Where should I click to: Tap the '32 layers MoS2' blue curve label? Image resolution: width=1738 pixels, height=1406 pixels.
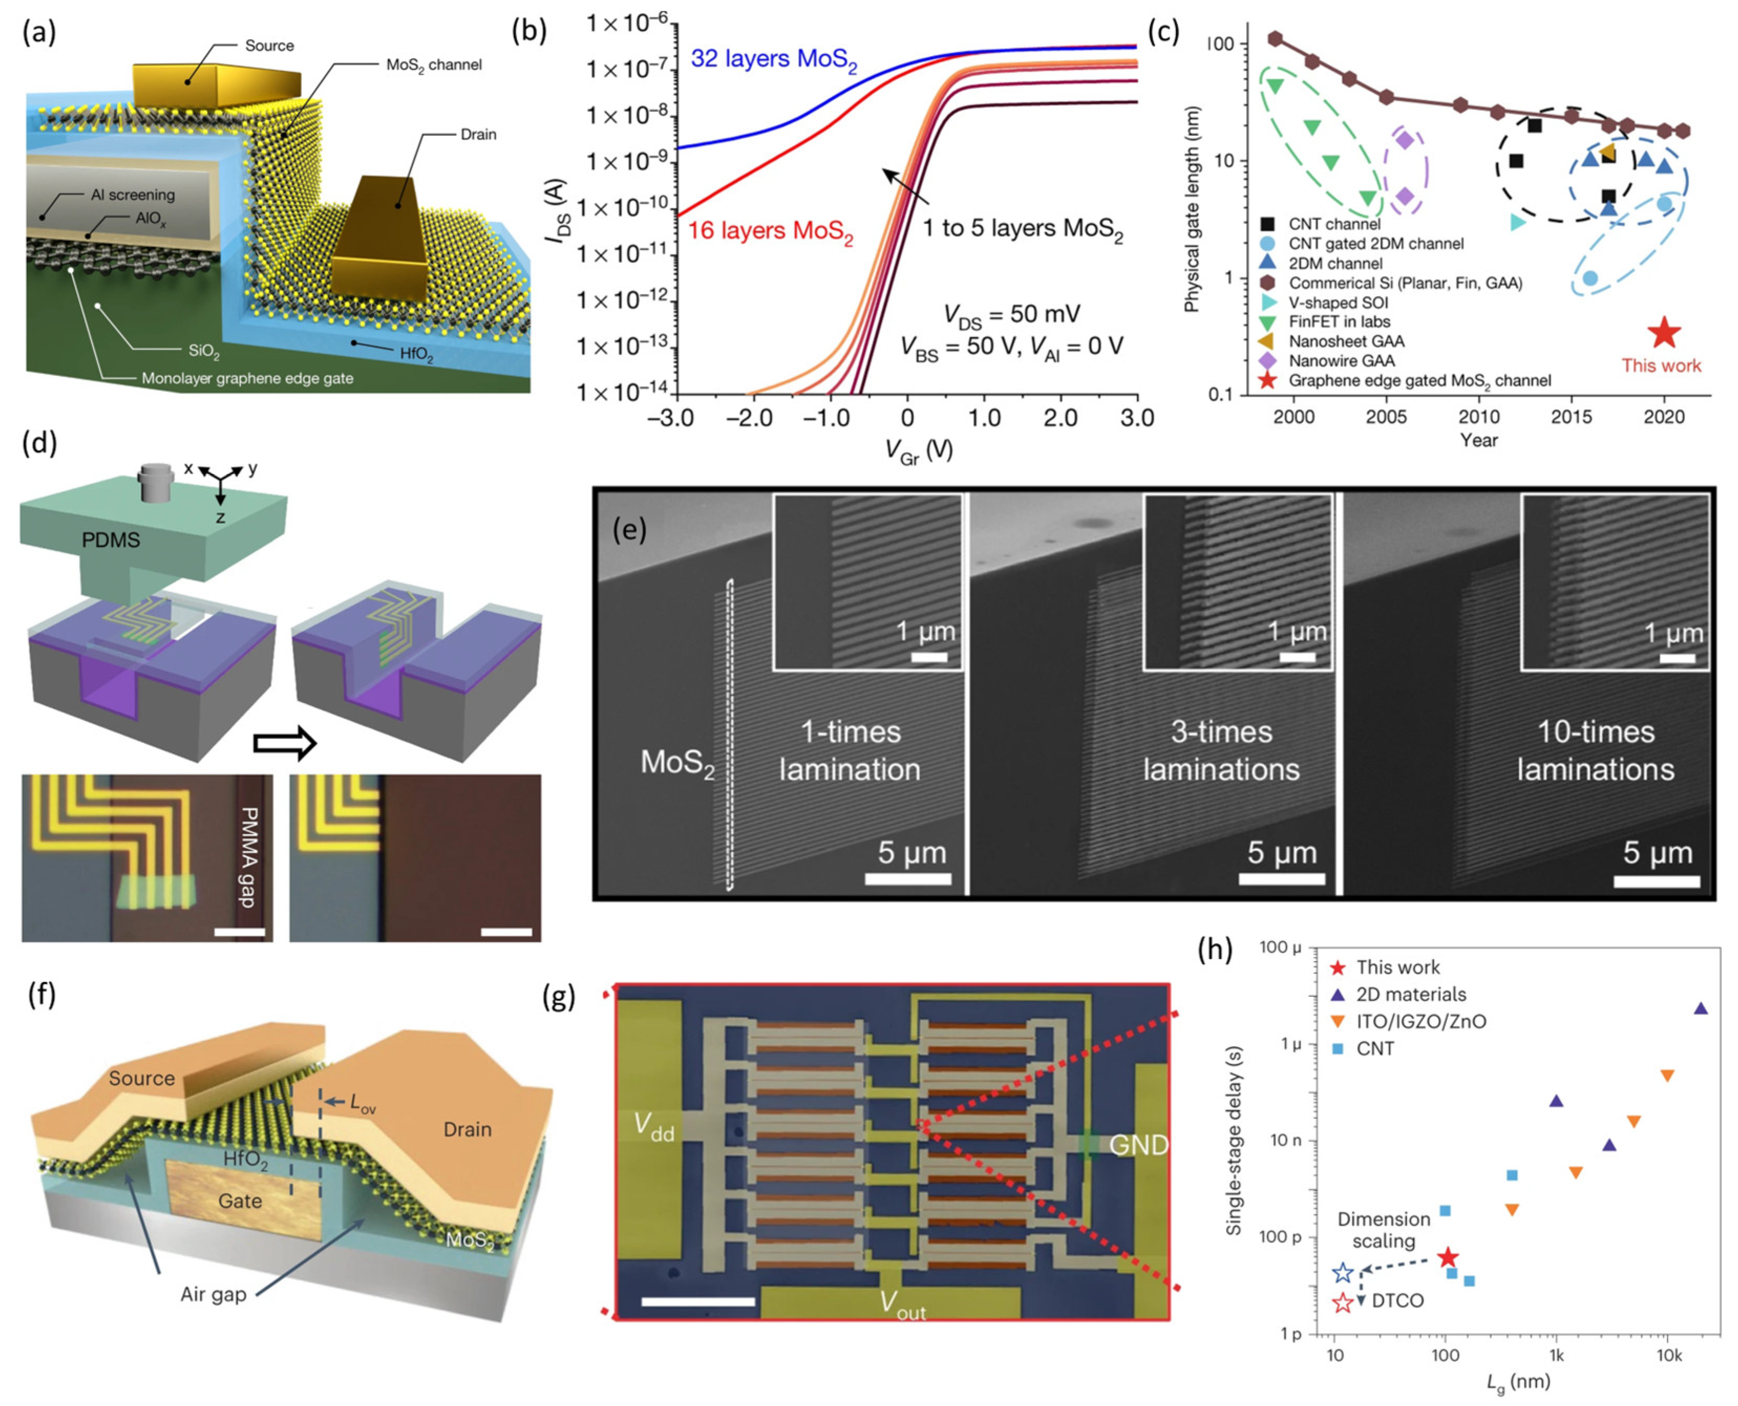click(x=773, y=60)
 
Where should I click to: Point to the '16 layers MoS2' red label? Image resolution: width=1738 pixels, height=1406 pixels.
click(x=770, y=232)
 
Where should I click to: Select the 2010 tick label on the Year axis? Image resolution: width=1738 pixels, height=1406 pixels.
click(x=1479, y=417)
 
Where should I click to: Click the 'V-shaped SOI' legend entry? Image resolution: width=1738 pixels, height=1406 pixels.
click(x=1338, y=303)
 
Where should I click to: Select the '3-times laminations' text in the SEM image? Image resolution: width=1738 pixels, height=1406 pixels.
click(x=1221, y=751)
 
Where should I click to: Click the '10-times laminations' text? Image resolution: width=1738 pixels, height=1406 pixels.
click(x=1595, y=751)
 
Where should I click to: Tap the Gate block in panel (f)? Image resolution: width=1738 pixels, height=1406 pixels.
click(x=241, y=1199)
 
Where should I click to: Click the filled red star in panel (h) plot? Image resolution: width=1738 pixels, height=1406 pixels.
click(x=1447, y=1258)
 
